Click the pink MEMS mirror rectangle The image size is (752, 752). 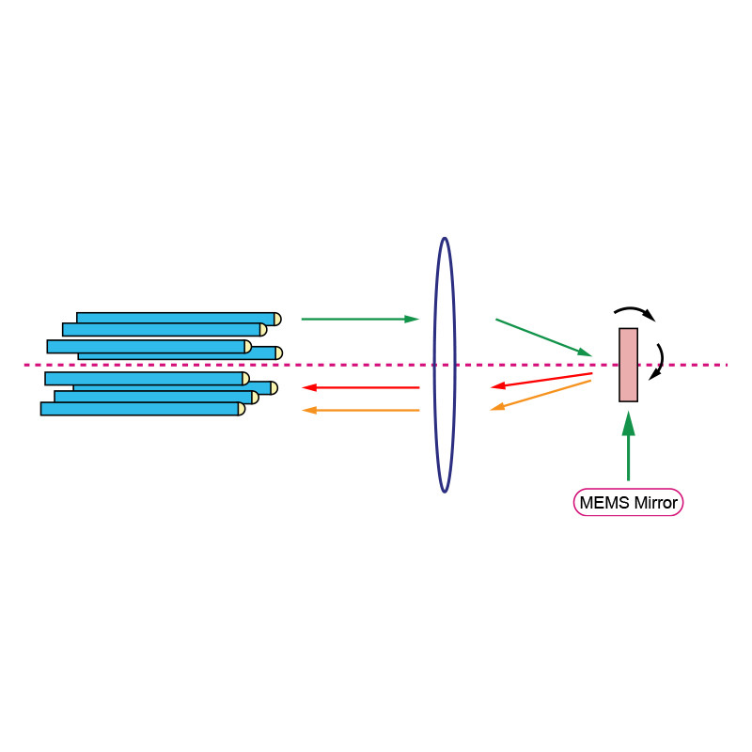pos(628,365)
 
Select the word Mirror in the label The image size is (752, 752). pos(655,503)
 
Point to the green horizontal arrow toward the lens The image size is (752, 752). pos(357,320)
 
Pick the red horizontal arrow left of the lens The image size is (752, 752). pos(362,387)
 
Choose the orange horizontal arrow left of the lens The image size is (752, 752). pos(362,410)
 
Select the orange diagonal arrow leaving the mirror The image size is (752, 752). pos(540,395)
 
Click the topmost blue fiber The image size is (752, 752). pos(175,319)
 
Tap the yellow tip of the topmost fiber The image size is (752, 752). pos(277,319)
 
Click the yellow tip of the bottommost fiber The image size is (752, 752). pos(242,409)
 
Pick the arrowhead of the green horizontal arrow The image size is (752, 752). pos(412,320)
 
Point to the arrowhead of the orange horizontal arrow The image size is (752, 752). pos(308,410)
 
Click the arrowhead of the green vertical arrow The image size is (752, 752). pos(628,424)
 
